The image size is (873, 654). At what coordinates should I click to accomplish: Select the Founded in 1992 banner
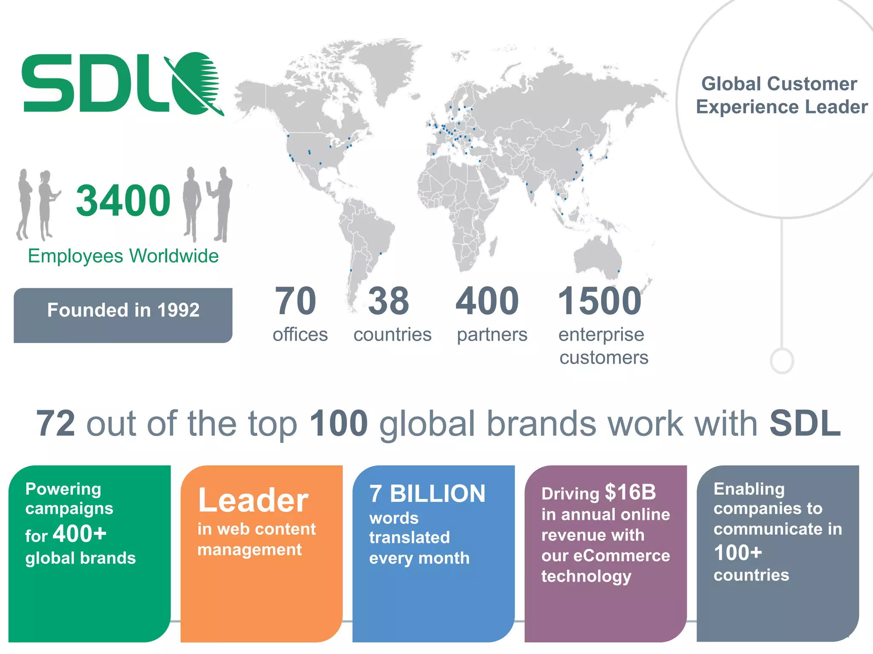(x=123, y=315)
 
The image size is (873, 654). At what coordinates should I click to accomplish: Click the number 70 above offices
(x=295, y=301)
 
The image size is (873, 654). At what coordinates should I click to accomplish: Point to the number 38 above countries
(x=388, y=301)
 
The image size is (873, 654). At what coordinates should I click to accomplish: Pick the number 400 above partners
(x=487, y=301)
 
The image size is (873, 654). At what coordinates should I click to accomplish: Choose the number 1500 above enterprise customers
(x=599, y=301)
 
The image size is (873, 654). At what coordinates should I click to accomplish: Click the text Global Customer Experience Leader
(x=781, y=95)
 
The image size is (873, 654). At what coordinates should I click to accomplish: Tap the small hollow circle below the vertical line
(x=782, y=361)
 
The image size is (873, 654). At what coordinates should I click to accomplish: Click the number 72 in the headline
(x=56, y=424)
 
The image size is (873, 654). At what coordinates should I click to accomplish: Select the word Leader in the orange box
(x=253, y=501)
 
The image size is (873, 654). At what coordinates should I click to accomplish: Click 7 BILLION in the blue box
(x=427, y=494)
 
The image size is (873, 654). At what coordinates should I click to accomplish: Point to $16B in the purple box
(x=630, y=493)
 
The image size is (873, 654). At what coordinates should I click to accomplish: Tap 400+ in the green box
(x=80, y=534)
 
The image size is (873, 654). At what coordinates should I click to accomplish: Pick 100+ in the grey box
(x=738, y=553)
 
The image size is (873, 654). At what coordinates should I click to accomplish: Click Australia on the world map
(x=597, y=255)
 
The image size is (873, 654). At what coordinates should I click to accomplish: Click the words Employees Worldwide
(x=123, y=256)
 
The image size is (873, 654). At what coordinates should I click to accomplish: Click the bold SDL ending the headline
(x=805, y=424)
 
